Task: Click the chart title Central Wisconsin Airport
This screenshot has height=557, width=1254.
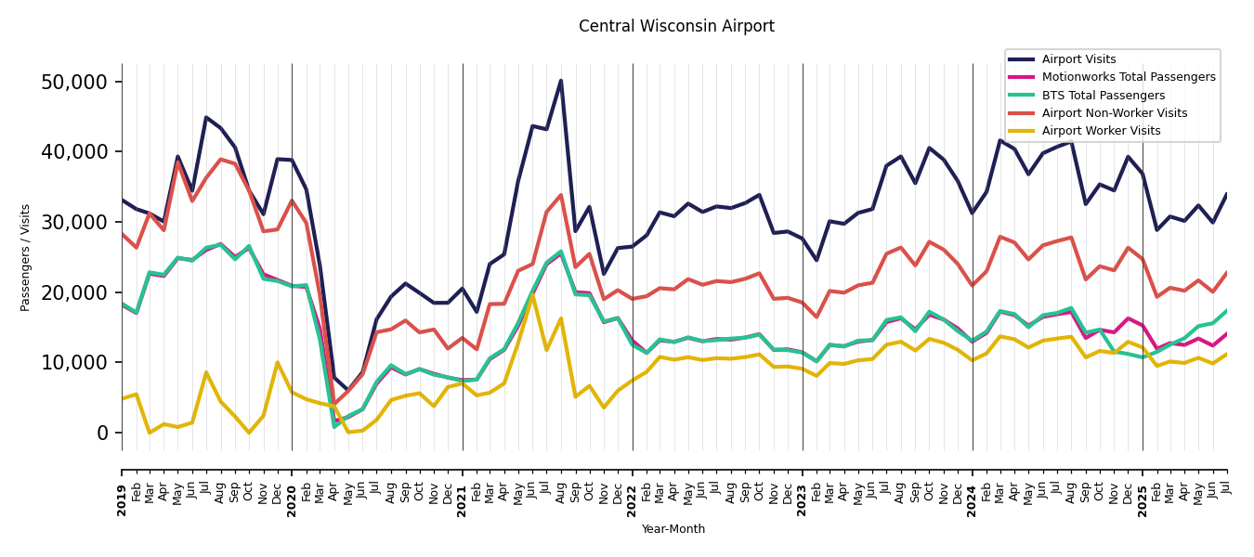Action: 676,26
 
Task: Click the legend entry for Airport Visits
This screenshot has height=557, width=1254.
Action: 1078,59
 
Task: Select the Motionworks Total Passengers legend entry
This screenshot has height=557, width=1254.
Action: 1128,77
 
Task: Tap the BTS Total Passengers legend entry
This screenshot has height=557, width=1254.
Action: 1103,96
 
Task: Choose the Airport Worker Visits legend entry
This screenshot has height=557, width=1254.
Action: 1101,131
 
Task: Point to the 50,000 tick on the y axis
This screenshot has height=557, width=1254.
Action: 74,82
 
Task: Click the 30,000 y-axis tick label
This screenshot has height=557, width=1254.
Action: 74,222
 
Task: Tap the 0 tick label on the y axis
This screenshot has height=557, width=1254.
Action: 102,433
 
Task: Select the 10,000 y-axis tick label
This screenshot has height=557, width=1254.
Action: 74,362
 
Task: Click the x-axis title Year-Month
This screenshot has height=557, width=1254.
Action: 673,529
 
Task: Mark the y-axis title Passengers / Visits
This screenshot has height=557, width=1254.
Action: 26,257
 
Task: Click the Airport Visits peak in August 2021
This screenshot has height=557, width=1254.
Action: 561,81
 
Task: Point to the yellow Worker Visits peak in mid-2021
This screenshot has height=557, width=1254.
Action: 532,295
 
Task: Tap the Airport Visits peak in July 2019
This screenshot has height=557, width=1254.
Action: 206,117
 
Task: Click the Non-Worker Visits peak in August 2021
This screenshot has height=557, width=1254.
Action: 561,195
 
